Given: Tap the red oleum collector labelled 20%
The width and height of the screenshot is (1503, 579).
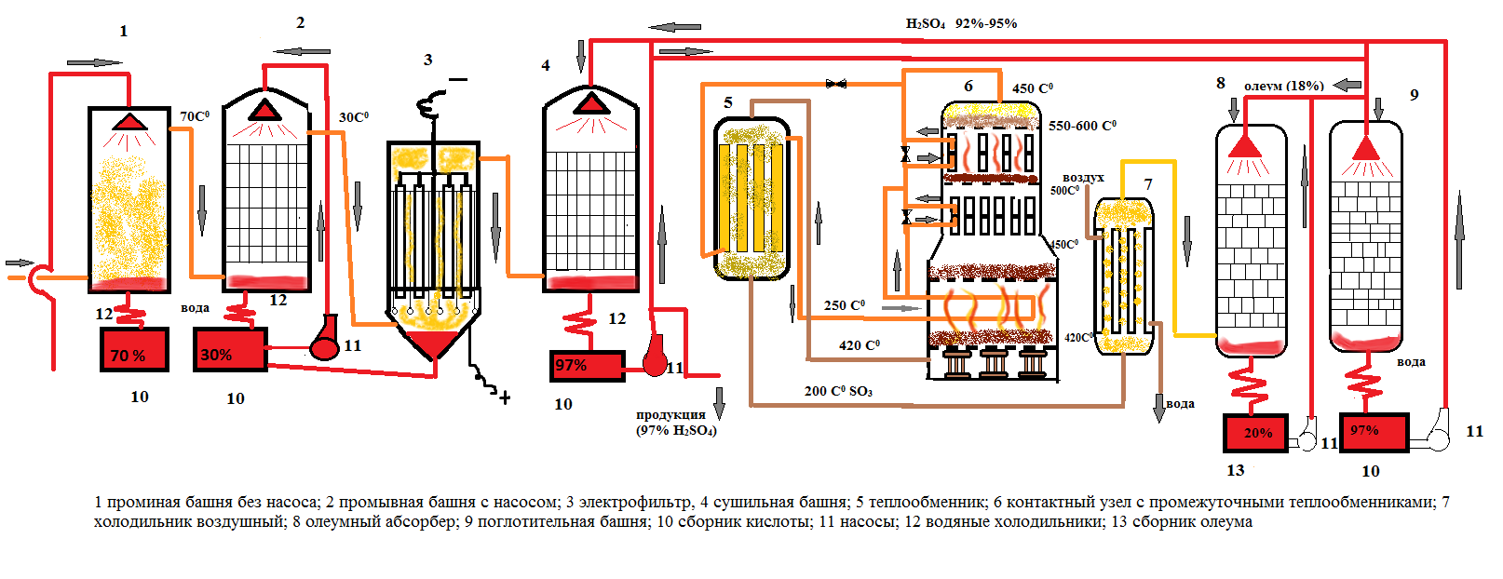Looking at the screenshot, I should point(1254,433).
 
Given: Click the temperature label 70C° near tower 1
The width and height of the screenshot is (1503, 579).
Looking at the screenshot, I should point(195,116).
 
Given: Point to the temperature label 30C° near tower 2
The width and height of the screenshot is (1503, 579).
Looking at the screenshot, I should point(353,117).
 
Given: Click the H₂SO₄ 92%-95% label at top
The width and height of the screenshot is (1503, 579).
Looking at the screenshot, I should point(961,23).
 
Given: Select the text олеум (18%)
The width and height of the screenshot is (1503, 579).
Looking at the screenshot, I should point(1283,86).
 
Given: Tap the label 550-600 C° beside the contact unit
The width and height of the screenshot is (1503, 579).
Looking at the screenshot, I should point(1082,126).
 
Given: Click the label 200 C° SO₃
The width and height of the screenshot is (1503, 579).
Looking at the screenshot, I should point(838,391).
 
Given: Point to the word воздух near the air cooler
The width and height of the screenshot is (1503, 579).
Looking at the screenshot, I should point(1083,177).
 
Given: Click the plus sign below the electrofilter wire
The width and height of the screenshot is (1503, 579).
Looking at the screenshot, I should point(505,397).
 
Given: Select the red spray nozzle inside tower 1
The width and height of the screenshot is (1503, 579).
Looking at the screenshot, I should point(129,122).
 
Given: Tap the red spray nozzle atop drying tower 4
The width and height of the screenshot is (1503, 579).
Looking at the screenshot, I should point(590,101).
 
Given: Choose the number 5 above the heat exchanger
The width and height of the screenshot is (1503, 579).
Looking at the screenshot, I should point(728,102).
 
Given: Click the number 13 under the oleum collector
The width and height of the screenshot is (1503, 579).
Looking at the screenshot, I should point(1235,470).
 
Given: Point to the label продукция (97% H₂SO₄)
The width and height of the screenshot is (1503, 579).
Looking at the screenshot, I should point(675,422).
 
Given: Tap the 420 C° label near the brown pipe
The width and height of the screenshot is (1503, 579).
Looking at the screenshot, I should point(859,345).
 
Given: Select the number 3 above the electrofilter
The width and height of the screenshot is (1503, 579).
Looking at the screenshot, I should point(427,60).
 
